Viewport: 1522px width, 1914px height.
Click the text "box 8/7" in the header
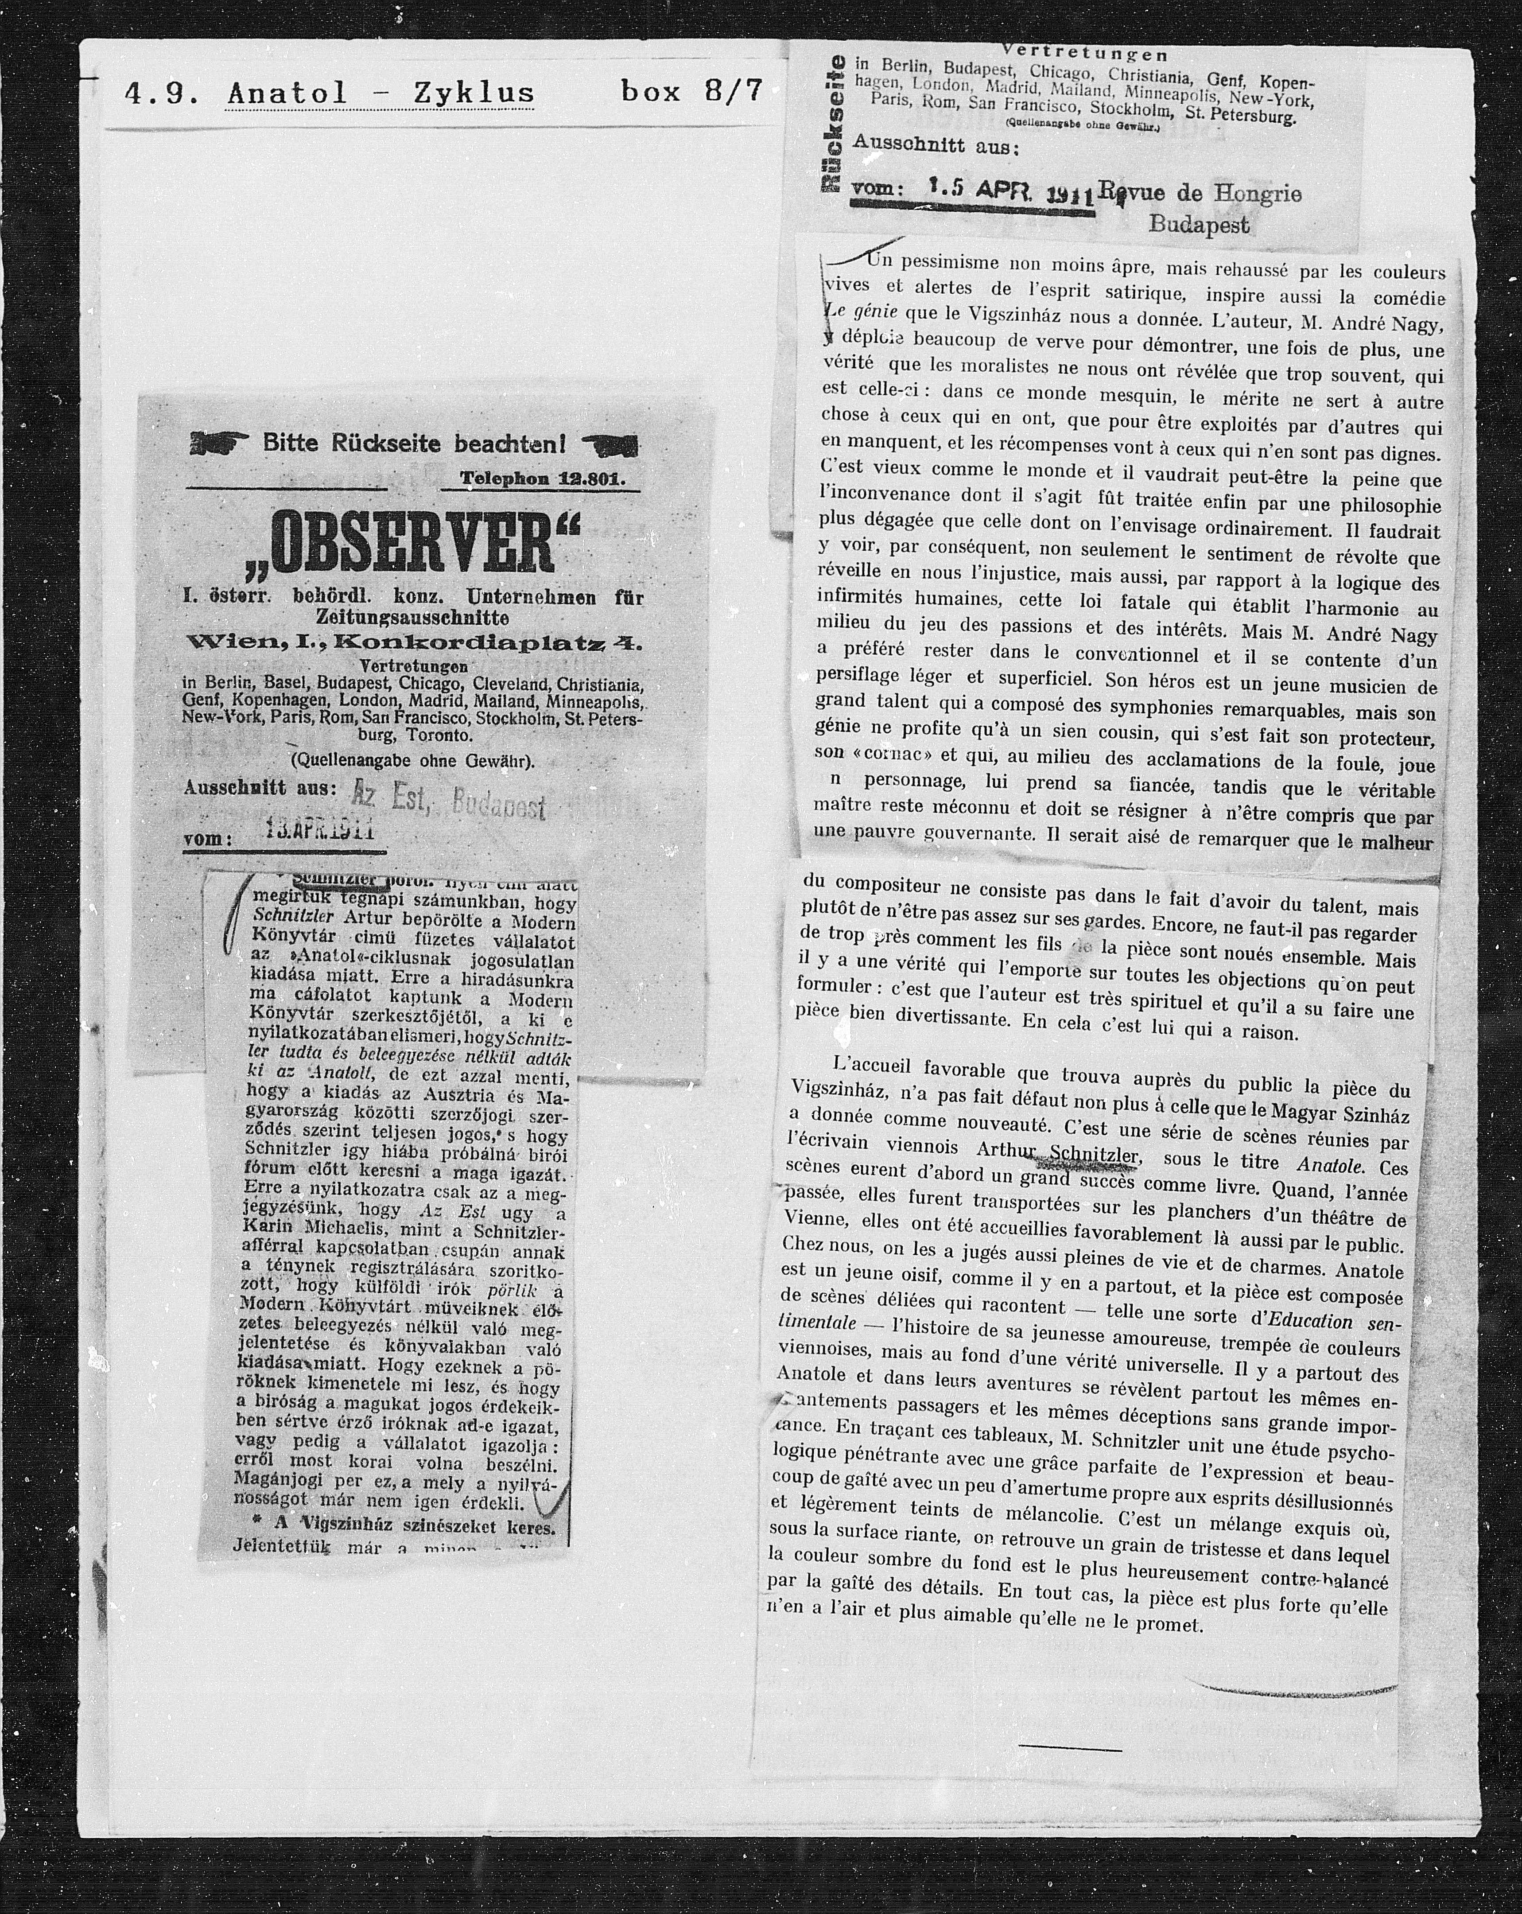[x=691, y=91]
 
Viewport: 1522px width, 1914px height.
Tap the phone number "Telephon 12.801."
[x=543, y=478]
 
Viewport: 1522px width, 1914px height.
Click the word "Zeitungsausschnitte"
[x=413, y=616]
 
